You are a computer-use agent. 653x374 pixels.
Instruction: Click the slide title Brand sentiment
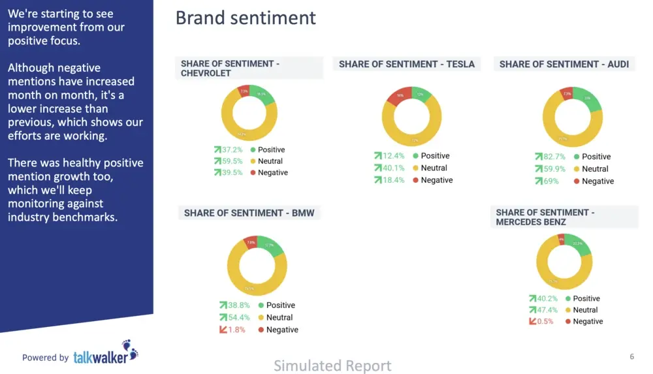pyautogui.click(x=246, y=18)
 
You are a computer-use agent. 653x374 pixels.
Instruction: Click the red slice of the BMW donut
pyautogui.click(x=251, y=243)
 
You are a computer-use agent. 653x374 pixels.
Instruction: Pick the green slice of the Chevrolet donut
pyautogui.click(x=261, y=95)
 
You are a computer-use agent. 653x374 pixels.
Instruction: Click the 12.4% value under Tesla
pyautogui.click(x=394, y=156)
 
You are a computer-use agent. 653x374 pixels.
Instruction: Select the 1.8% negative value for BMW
pyautogui.click(x=236, y=330)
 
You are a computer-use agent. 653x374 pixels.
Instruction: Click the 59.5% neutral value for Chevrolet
pyautogui.click(x=233, y=161)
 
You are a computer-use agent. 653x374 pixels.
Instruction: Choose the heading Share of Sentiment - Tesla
pyautogui.click(x=406, y=64)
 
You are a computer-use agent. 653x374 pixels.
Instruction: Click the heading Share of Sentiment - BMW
pyautogui.click(x=249, y=213)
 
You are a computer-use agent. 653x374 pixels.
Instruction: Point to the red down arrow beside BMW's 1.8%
pyautogui.click(x=223, y=330)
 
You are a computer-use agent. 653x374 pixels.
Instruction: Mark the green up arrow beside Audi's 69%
pyautogui.click(x=539, y=181)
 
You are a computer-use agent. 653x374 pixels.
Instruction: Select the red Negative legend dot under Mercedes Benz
pyautogui.click(x=567, y=321)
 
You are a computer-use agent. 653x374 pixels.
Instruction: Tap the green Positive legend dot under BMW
pyautogui.click(x=261, y=305)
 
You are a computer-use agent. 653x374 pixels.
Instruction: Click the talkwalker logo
pyautogui.click(x=105, y=354)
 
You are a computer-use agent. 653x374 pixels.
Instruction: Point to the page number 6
pyautogui.click(x=631, y=356)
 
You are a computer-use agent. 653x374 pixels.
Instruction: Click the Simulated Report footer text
pyautogui.click(x=332, y=366)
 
